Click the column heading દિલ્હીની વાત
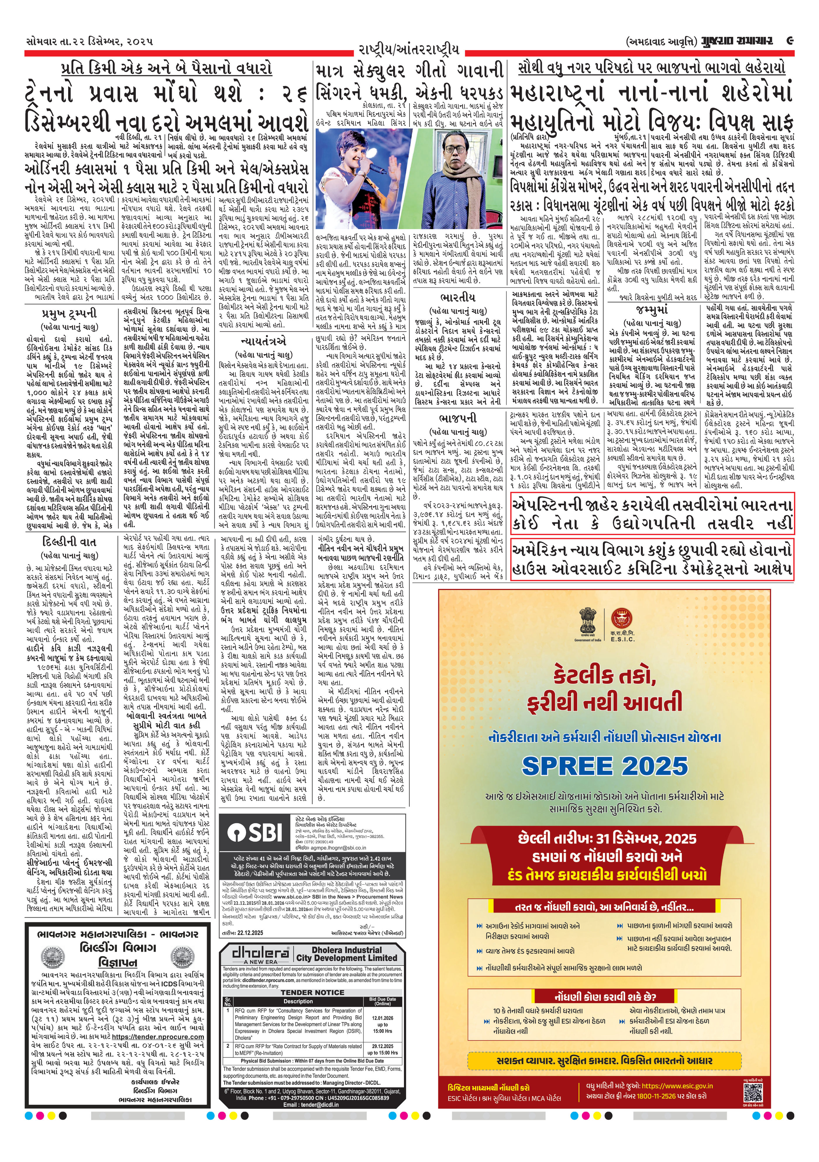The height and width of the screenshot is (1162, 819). (x=69, y=542)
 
